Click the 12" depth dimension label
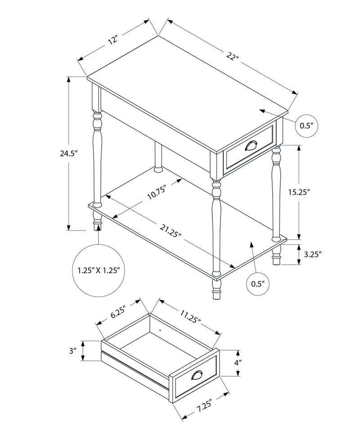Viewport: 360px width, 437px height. [112, 39]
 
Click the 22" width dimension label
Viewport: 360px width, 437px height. [233, 57]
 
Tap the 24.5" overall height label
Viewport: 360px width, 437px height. [69, 153]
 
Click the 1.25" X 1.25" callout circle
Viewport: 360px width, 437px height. [98, 270]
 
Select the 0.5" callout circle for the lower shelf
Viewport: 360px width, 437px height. [257, 284]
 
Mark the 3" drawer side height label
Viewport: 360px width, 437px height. [73, 351]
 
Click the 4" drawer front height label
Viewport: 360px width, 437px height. [238, 362]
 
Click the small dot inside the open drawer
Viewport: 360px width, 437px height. [160, 329]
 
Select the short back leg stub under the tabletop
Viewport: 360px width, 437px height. [158, 158]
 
